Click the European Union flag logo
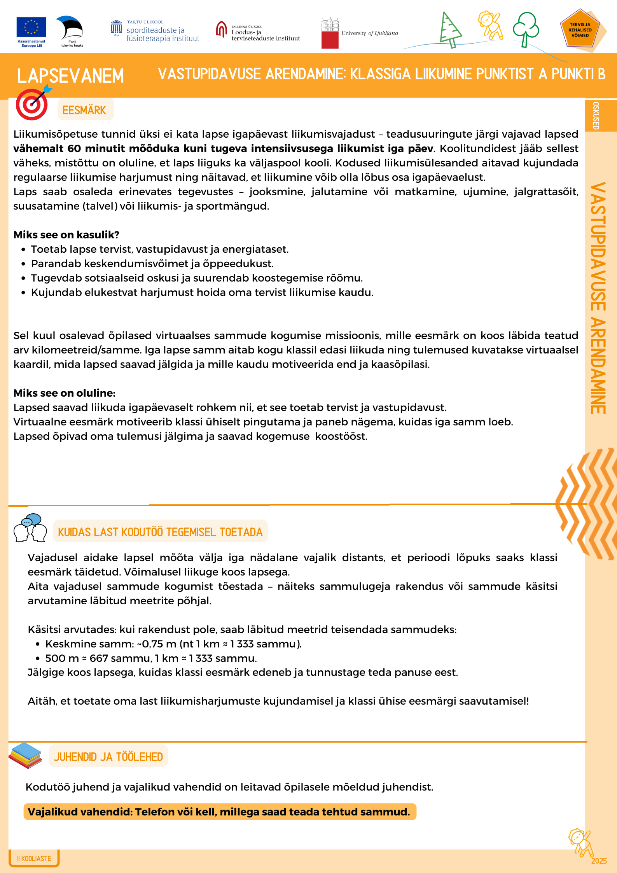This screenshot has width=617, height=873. coord(31,27)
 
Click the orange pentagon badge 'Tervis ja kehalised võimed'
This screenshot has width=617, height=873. coord(580,30)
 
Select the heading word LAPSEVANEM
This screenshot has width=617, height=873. coord(70,76)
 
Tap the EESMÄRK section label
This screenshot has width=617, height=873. coord(84,110)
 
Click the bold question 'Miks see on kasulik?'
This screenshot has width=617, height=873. coord(66,235)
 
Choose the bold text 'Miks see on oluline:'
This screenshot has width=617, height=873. coord(64,393)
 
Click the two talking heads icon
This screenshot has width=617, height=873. coord(30,528)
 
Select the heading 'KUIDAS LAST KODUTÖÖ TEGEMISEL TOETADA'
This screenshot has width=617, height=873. coord(160,532)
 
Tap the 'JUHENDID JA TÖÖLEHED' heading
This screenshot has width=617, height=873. coord(108,757)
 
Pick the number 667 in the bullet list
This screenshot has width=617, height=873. coord(98,658)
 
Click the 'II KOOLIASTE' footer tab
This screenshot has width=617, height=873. coord(34,858)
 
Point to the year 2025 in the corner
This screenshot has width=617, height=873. coord(599,861)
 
